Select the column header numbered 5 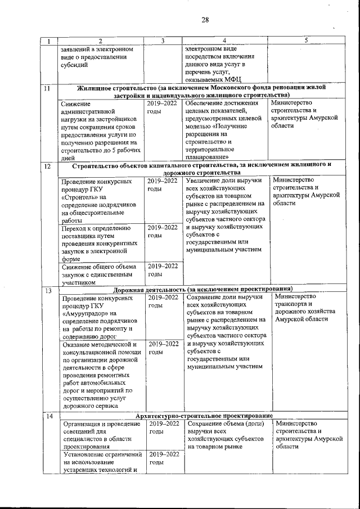click(306, 40)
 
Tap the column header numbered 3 click(163, 40)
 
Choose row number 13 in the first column click(48, 291)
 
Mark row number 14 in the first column click(48, 416)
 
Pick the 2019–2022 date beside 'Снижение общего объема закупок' click(163, 270)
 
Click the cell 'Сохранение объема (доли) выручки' click(223, 435)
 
